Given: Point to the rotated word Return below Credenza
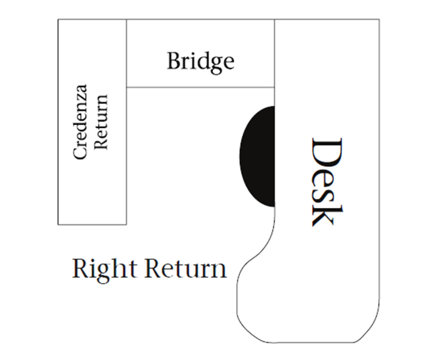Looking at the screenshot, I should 101,122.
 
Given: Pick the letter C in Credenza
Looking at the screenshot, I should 80,152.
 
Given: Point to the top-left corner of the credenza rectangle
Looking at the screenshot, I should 58,19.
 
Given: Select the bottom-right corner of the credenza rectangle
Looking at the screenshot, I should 126,224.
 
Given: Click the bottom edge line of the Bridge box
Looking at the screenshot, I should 201,87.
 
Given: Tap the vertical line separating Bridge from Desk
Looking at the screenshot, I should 275,54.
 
